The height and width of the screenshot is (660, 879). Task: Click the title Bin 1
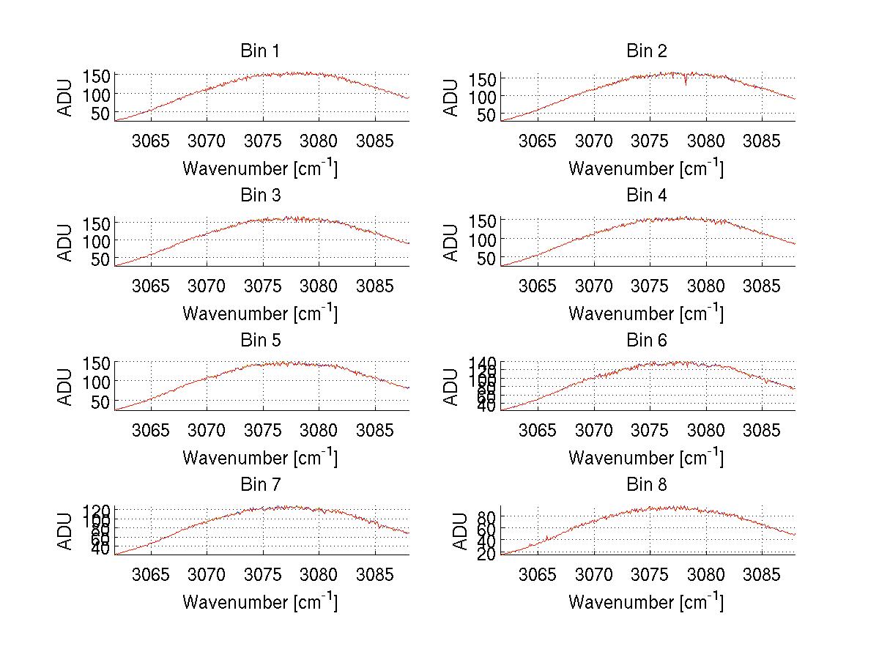259,51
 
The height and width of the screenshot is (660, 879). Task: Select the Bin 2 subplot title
646,51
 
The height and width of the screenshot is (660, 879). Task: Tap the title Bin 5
259,341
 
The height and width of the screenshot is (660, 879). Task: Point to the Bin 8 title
646,485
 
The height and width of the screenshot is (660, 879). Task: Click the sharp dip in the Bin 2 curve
685,83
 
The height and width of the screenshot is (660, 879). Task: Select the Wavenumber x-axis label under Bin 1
259,168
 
